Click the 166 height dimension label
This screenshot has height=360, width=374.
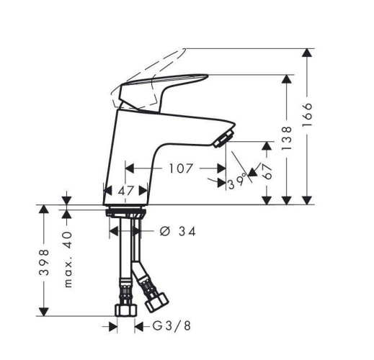[307, 114]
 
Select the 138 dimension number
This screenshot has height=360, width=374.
[286, 138]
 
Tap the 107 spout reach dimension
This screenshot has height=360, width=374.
[181, 168]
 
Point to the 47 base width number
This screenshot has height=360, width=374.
[125, 191]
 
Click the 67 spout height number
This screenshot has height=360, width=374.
[267, 171]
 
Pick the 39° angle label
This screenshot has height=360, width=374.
[237, 182]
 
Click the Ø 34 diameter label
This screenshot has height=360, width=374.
[177, 231]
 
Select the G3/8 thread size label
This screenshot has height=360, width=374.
[172, 326]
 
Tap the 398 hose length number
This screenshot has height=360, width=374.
[44, 262]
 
